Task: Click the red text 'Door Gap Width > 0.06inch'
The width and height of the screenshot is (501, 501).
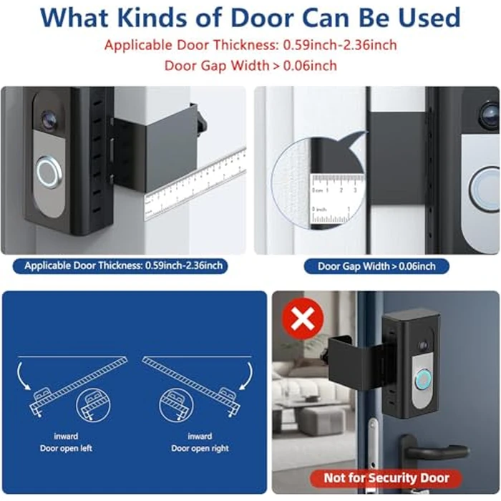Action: (250, 65)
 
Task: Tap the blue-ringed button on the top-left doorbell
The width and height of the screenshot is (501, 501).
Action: (47, 172)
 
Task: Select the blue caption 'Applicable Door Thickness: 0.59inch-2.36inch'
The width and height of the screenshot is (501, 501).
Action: (124, 266)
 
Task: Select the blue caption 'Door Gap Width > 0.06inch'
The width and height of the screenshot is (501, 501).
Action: (376, 266)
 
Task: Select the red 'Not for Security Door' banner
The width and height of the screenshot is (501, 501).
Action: (386, 477)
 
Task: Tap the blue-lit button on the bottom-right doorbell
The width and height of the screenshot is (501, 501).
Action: (423, 377)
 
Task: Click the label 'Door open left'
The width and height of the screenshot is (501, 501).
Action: (66, 449)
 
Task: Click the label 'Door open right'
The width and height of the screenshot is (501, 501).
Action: (200, 449)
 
